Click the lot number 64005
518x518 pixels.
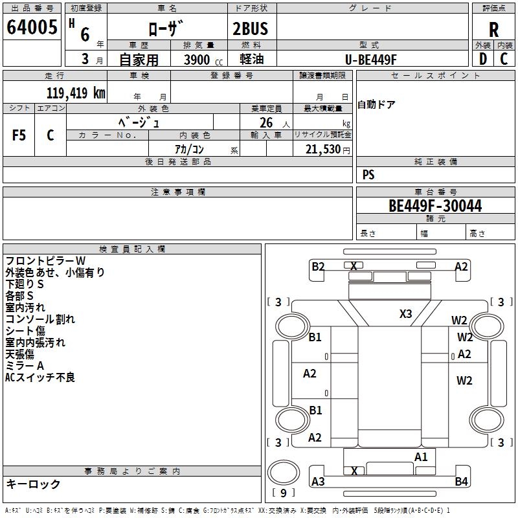[x=32, y=27]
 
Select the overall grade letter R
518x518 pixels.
[x=493, y=30]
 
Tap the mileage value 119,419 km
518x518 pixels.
[x=76, y=93]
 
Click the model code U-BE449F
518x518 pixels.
[x=370, y=60]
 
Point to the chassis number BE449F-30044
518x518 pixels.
[x=435, y=205]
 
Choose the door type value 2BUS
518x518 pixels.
[x=250, y=28]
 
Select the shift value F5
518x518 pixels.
[x=19, y=135]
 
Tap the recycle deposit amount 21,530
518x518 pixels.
[x=322, y=150]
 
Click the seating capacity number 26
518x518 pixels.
[x=266, y=122]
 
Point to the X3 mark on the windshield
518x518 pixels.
[x=406, y=313]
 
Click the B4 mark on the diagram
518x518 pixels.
[x=461, y=481]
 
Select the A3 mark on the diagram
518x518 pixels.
[x=318, y=482]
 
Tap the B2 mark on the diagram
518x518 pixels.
[x=318, y=266]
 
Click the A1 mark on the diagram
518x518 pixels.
[x=421, y=457]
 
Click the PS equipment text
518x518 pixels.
[x=368, y=174]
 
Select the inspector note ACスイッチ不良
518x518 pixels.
[x=40, y=377]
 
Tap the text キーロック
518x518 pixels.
[x=33, y=484]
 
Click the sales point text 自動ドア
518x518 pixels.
[x=377, y=104]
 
